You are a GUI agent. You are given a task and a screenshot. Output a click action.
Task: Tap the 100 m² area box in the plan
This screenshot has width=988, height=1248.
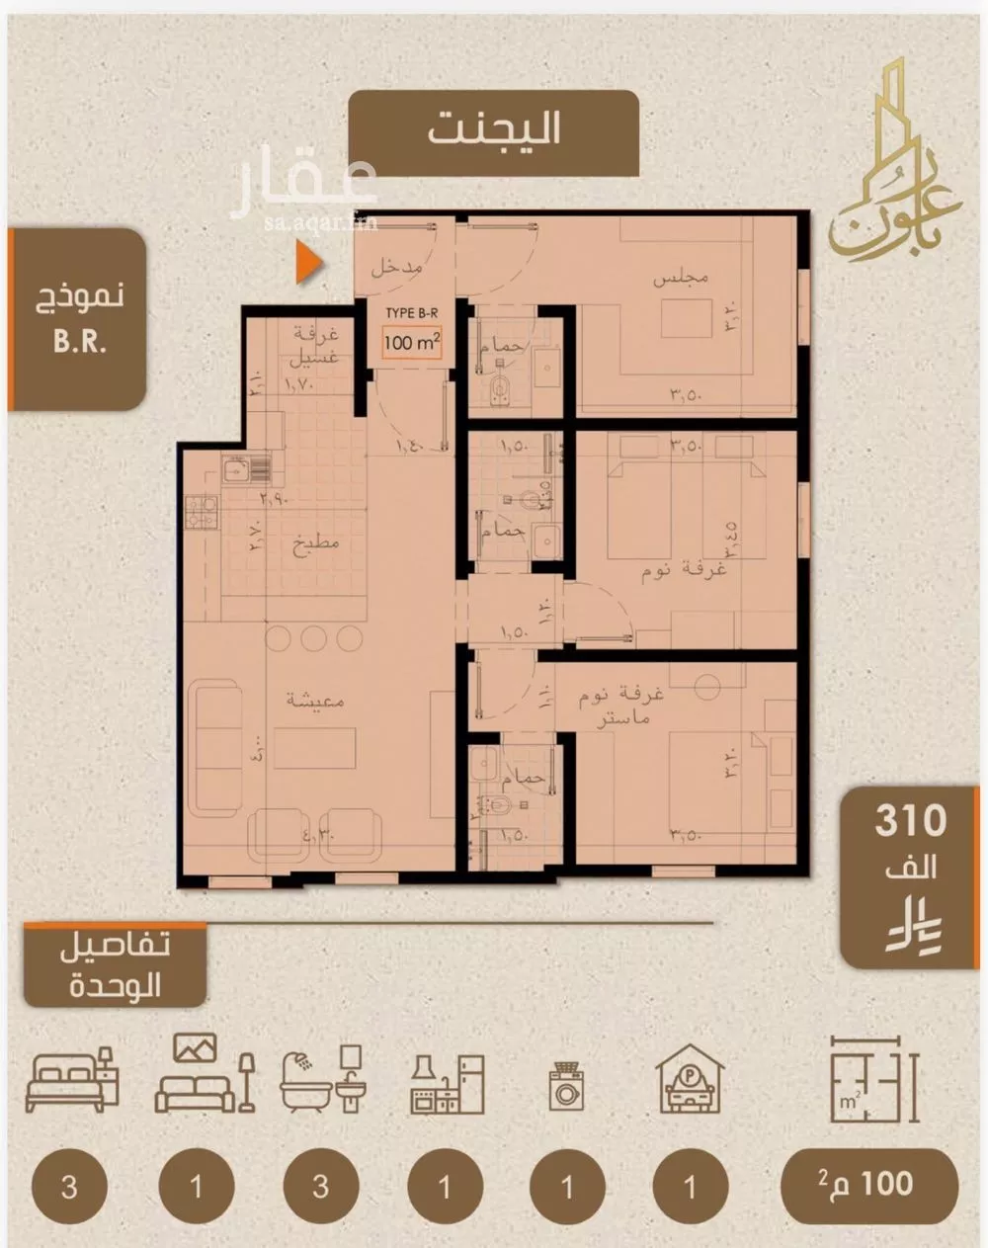pos(412,344)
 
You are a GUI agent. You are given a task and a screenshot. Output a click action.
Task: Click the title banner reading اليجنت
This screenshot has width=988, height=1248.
pos(494,130)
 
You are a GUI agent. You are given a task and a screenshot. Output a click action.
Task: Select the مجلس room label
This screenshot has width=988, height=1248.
pos(681,279)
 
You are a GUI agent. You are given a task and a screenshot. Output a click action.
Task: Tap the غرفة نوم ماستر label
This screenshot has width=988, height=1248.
pos(621,706)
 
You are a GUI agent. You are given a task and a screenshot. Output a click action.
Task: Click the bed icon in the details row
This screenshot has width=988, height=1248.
pos(72,1081)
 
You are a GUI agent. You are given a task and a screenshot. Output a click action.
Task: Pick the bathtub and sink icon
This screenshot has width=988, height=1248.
pos(322,1081)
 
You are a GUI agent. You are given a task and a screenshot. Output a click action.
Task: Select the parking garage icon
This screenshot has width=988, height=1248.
pos(690,1080)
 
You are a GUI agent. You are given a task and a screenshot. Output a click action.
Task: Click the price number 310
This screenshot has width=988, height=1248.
pos(910,821)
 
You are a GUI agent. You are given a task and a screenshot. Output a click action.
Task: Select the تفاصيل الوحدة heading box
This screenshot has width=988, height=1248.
pos(116,964)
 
